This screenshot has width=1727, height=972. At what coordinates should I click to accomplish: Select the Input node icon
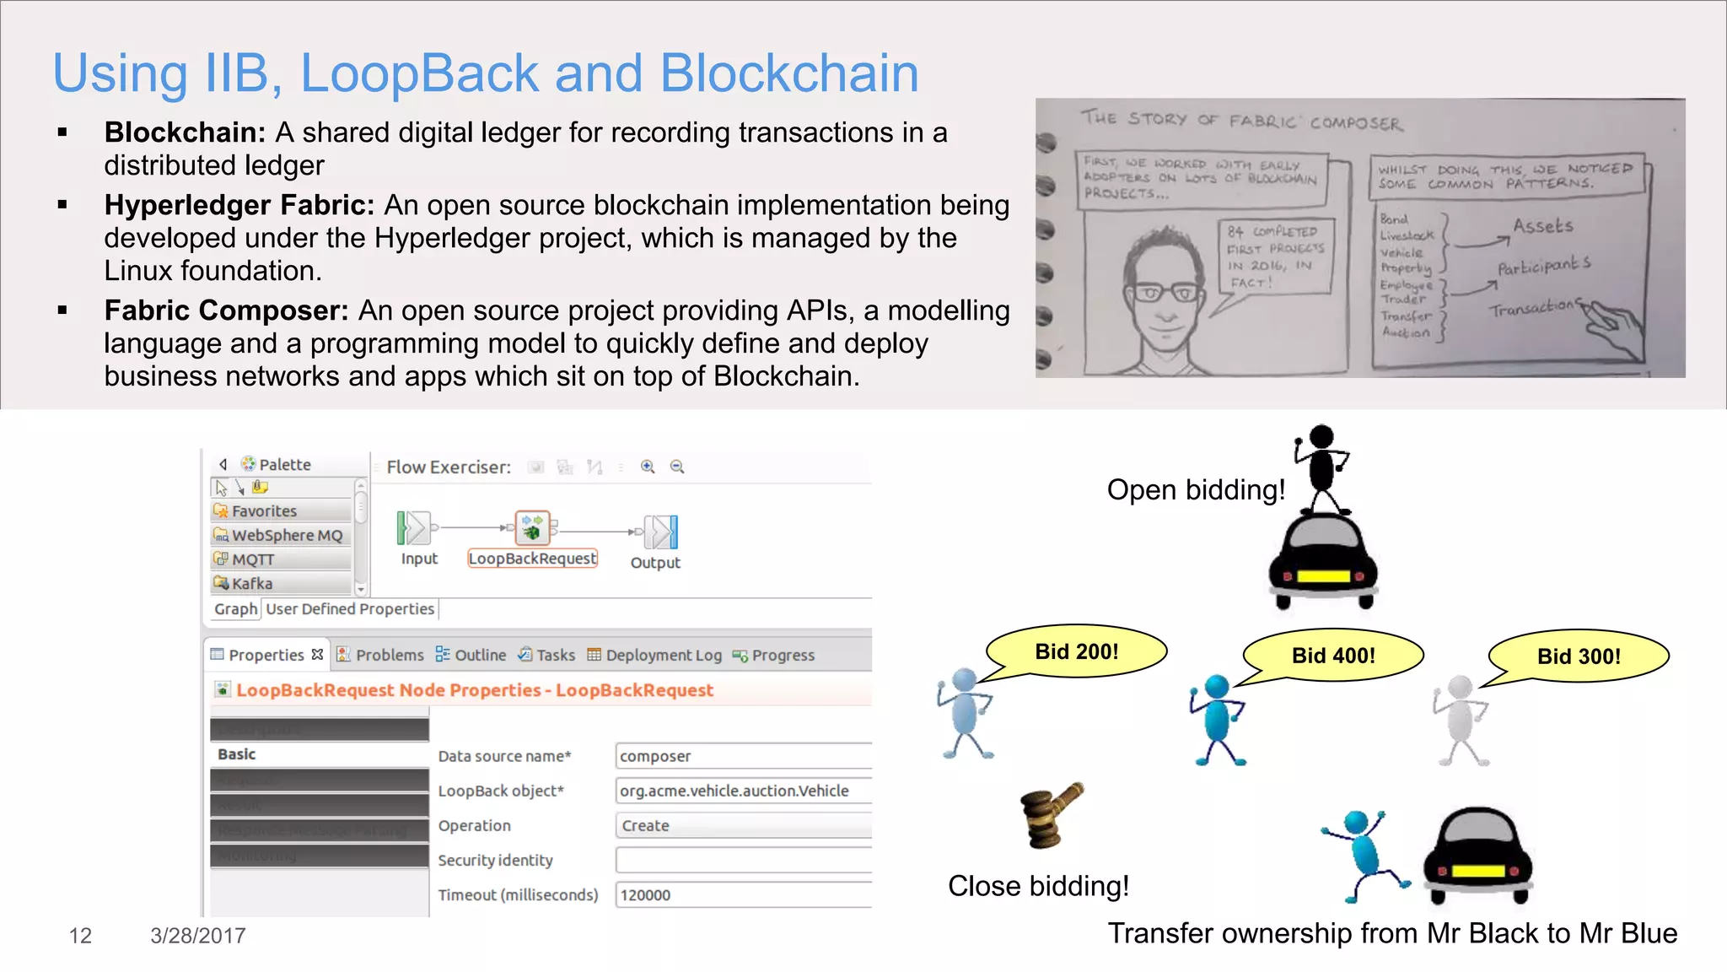[414, 529]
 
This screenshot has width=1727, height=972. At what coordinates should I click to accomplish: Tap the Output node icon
[660, 532]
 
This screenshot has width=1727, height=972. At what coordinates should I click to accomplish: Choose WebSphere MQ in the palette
[286, 536]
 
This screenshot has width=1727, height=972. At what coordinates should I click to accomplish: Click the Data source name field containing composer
[742, 756]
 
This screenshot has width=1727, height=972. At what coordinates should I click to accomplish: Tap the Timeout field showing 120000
[742, 895]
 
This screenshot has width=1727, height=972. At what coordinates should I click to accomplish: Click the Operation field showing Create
[742, 826]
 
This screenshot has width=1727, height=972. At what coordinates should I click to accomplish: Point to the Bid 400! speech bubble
[1333, 656]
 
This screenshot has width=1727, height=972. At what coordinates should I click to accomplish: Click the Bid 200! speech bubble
[1077, 651]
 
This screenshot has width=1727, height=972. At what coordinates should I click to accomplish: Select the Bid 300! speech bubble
[1579, 656]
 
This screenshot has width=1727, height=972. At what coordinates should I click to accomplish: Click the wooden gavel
[1051, 813]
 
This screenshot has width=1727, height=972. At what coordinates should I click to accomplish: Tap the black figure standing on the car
[1321, 468]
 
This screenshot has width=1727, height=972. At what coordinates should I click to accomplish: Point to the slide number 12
[80, 936]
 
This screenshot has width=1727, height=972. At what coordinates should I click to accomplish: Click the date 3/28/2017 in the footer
[198, 936]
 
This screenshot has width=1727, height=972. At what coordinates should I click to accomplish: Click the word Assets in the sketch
[1542, 226]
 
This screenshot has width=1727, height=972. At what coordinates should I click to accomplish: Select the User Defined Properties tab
[350, 609]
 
